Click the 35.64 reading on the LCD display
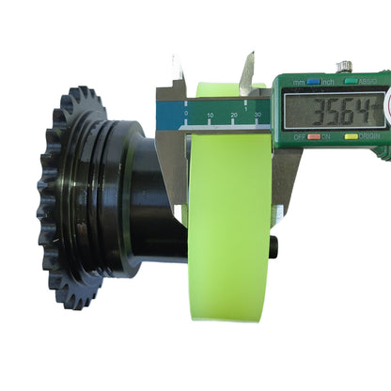pos(333,112)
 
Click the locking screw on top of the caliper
pos(345,67)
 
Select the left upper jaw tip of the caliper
pos(177,63)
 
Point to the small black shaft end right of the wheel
pos(274,246)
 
